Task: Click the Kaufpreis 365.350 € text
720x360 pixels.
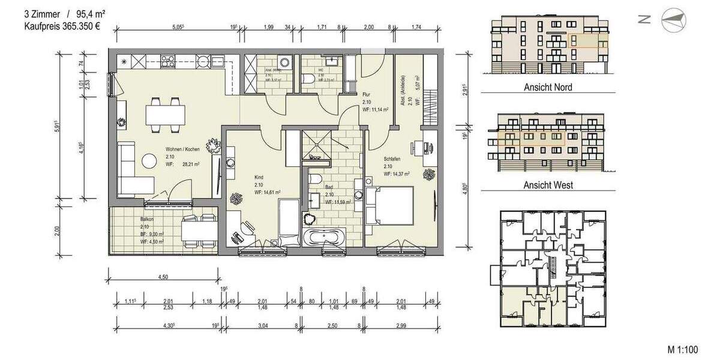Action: coord(62,26)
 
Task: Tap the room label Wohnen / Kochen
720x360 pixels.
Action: coord(182,151)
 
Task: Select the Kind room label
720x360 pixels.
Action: coord(259,178)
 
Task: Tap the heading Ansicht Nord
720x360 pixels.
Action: coord(548,87)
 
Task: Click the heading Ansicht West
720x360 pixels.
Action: coord(548,185)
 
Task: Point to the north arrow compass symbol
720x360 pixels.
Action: coord(672,20)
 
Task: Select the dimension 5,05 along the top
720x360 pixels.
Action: coord(178,26)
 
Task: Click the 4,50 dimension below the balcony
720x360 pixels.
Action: coord(163,276)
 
